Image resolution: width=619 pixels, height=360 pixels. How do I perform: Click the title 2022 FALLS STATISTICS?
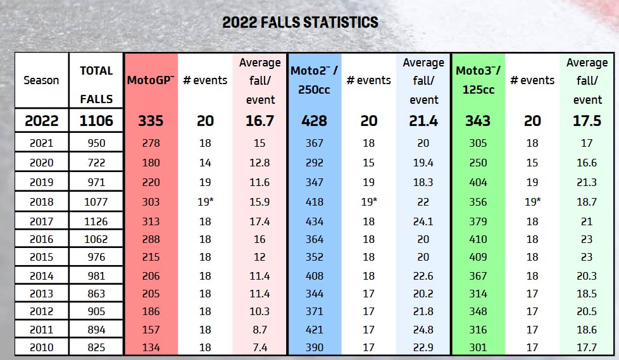tap(300, 22)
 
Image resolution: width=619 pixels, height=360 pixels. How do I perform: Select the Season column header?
tap(41, 80)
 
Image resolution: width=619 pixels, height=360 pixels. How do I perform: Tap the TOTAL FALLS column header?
tap(96, 85)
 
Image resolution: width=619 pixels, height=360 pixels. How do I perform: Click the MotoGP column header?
tap(151, 80)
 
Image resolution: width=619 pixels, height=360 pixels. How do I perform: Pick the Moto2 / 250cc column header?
tap(314, 80)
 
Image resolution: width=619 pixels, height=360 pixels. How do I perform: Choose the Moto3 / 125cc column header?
tap(478, 80)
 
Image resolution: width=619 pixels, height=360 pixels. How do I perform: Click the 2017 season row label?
tap(41, 221)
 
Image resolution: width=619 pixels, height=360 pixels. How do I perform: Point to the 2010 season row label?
tap(41, 347)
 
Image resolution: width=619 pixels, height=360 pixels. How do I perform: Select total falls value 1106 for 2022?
tap(96, 121)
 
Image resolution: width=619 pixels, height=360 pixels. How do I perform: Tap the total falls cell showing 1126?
tap(96, 221)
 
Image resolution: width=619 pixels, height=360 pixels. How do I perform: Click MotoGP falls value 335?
tap(151, 121)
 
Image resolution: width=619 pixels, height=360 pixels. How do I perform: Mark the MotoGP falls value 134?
tap(151, 347)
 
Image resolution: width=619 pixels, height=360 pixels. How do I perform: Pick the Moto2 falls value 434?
tap(314, 221)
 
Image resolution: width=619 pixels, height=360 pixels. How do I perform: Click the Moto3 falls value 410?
tap(478, 239)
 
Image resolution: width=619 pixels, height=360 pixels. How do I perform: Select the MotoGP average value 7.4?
tap(259, 347)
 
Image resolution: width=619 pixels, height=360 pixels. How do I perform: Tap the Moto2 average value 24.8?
tap(423, 330)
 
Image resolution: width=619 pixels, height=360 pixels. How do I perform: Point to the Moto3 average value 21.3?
tap(587, 182)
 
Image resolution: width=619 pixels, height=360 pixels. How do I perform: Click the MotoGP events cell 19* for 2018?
tap(205, 202)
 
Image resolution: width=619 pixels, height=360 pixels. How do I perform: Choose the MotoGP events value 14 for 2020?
tap(205, 163)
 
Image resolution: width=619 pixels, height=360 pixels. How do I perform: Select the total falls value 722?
tap(96, 163)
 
